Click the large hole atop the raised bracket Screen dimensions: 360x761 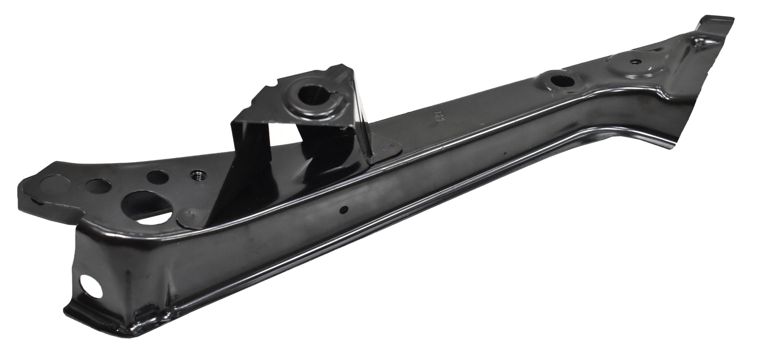(x=312, y=95)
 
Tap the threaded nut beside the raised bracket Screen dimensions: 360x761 (x=198, y=174)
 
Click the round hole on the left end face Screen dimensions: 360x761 (x=91, y=286)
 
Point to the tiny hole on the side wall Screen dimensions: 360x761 (x=343, y=209)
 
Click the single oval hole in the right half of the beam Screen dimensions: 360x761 (x=562, y=81)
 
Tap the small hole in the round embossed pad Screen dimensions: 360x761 (x=636, y=62)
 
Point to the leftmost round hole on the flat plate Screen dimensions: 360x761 (x=55, y=186)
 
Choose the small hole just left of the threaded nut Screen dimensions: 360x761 (x=157, y=177)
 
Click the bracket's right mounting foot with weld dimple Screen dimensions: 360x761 (x=387, y=148)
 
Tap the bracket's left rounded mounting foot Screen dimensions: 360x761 (x=188, y=217)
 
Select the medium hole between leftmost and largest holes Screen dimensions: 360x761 (x=98, y=186)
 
